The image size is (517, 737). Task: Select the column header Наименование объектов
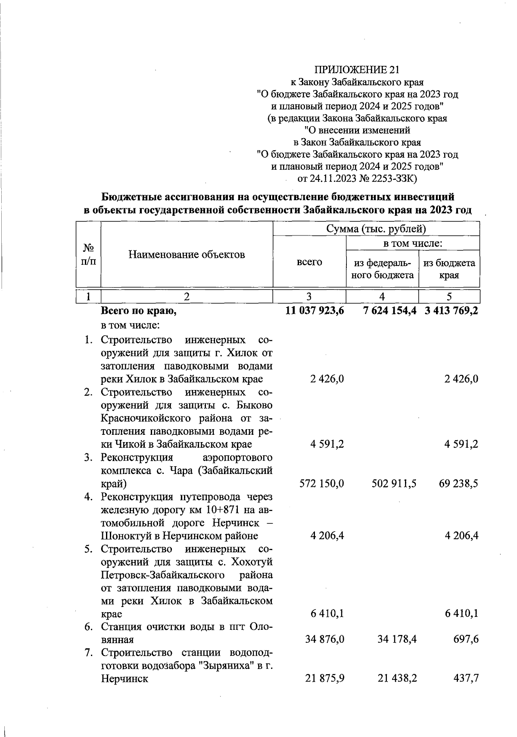[187, 254]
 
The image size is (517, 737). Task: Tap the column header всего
[309, 262]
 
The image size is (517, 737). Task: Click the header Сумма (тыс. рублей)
[376, 229]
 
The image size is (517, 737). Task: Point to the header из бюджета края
[449, 269]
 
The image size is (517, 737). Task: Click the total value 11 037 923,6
[315, 310]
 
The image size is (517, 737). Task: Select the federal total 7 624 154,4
[389, 310]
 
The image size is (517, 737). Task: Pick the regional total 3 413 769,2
[451, 310]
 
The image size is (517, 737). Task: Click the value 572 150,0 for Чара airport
[321, 483]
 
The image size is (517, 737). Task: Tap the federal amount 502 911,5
[394, 483]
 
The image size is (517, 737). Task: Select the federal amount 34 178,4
[397, 640]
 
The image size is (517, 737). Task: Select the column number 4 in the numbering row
[382, 296]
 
